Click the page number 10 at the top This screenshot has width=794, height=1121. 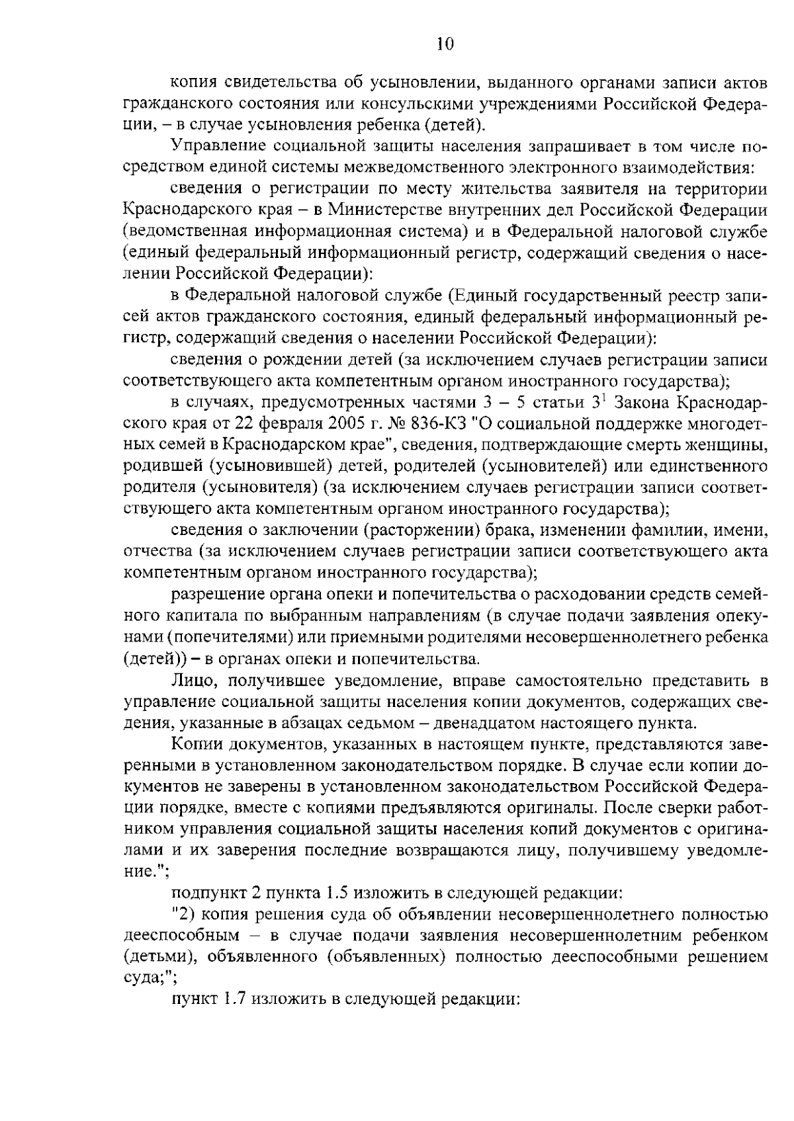(445, 45)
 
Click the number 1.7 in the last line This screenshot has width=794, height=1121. (236, 1000)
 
